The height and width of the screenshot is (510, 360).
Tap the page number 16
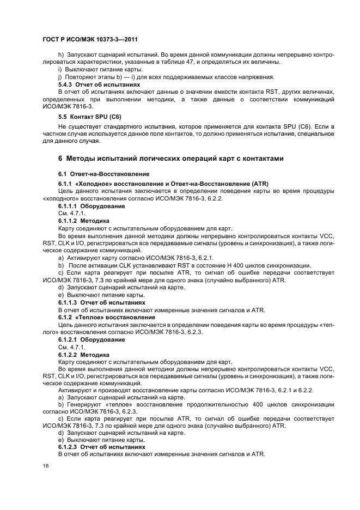click(x=46, y=467)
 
